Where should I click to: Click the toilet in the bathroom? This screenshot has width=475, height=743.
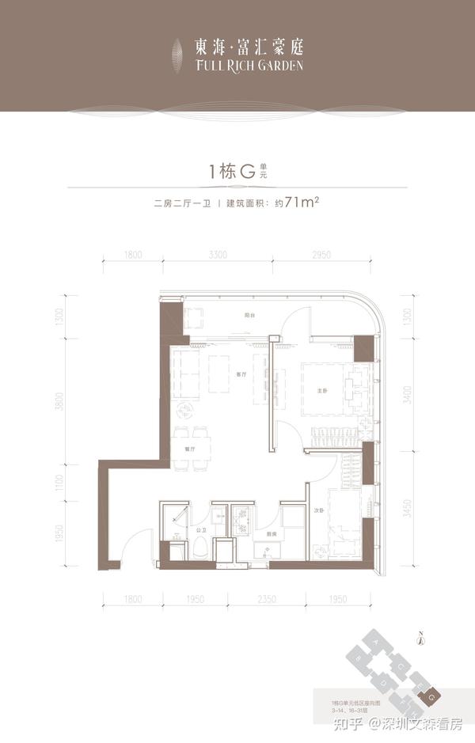[200, 548]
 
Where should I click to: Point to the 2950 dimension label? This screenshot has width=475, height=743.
[319, 255]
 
